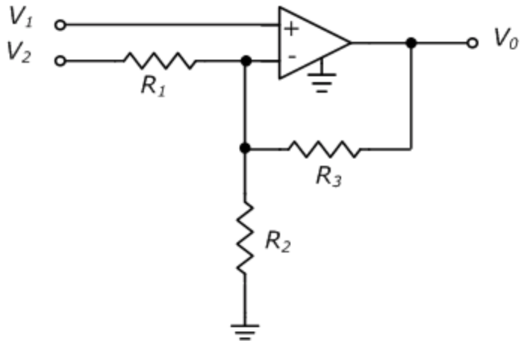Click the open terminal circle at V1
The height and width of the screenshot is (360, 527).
[x=60, y=25]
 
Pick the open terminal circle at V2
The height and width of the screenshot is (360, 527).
[x=60, y=60]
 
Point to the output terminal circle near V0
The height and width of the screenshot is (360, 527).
[x=471, y=43]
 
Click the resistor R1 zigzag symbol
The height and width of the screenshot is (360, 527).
[x=160, y=60]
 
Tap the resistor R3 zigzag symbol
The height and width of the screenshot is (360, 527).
[x=325, y=149]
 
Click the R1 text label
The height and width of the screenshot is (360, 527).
[x=153, y=85]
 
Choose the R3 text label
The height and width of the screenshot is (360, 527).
[x=328, y=176]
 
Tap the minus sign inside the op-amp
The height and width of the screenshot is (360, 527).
[x=291, y=56]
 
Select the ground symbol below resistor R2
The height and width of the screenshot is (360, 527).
[x=245, y=332]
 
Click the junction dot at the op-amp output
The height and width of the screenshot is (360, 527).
[x=411, y=43]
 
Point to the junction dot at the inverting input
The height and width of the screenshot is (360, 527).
[x=245, y=60]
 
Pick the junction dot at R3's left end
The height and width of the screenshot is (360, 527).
[x=245, y=149]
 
